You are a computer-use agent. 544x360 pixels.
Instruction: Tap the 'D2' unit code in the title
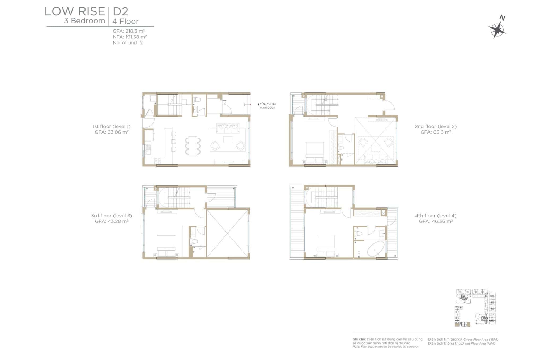pos(121,11)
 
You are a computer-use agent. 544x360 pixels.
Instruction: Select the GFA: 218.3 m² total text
pos(129,31)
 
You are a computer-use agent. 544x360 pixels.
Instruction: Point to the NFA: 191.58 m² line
pos(130,37)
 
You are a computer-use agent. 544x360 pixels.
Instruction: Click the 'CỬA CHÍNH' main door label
pos(267,104)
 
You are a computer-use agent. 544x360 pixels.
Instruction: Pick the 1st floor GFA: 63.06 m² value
pos(112,132)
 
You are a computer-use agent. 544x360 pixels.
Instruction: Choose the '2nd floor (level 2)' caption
pos(436,127)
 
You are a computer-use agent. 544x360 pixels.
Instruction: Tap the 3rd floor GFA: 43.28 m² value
pos(112,221)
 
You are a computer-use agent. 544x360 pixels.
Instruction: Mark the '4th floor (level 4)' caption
pos(436,216)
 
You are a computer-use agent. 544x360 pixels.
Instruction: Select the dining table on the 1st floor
pos(193,146)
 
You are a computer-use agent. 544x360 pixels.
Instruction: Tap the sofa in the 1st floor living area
pos(228,128)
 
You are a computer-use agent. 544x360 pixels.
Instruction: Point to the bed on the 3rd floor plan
pos(166,246)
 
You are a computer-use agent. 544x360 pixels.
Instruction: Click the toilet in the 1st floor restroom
pos(197,100)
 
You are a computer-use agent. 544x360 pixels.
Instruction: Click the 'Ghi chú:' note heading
pos(359,339)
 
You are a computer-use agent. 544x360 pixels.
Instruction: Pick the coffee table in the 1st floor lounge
pos(228,140)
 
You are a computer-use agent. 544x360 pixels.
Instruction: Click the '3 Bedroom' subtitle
pos(84,21)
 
